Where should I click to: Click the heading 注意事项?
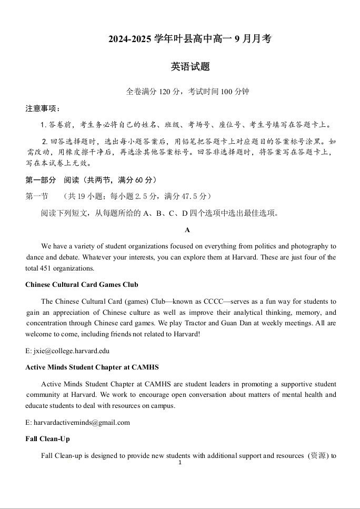point(42,108)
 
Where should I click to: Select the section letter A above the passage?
point(187,230)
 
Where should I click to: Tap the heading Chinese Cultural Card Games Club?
point(82,285)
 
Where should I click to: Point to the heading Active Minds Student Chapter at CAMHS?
point(92,367)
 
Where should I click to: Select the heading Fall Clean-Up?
point(47,438)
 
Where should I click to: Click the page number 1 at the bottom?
point(180,463)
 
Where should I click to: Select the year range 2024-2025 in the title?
point(129,39)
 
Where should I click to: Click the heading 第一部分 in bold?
point(41,180)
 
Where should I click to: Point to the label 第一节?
point(36,196)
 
